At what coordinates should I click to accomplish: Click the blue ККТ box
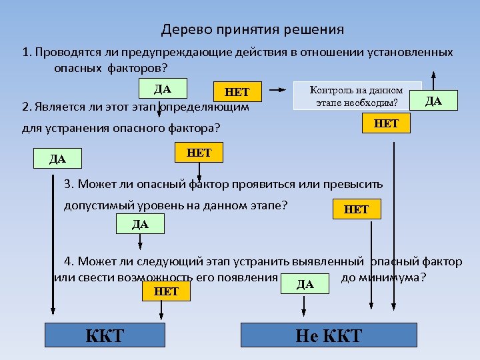105,335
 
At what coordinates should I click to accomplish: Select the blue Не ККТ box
328,335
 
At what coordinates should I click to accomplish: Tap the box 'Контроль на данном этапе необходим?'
357,96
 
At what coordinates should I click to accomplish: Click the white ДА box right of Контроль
433,101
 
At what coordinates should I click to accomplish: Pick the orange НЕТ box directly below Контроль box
386,123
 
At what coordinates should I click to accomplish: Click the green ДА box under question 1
163,89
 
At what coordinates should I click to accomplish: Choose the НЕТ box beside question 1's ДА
237,93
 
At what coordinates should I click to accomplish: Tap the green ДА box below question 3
140,224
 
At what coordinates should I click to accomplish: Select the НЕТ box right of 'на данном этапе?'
356,209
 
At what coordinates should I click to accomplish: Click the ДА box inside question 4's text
305,283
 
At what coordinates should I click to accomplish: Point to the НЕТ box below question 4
166,291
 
